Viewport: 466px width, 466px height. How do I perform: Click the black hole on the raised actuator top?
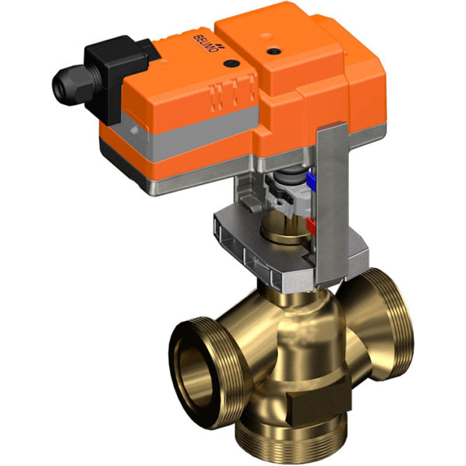coord(273,52)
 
